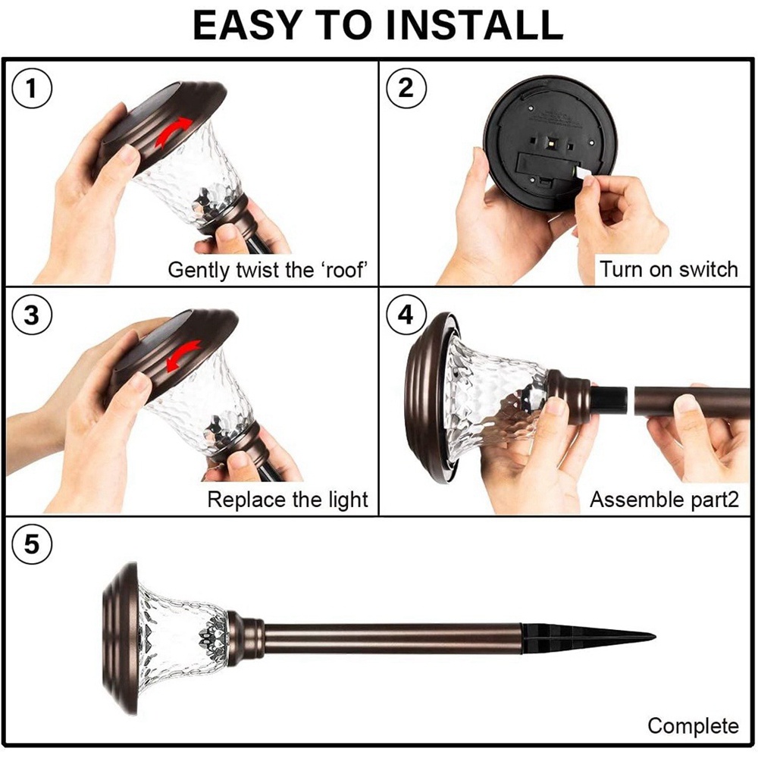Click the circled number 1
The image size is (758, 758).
31,89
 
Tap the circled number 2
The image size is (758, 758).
406,88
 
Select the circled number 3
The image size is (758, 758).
31,315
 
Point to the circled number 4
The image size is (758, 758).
406,315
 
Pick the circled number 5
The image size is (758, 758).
31,544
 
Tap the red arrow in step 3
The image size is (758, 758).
183,356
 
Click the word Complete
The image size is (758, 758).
694,726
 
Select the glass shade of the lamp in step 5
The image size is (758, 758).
181,637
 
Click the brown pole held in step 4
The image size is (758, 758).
692,402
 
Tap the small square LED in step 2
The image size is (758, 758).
552,143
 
